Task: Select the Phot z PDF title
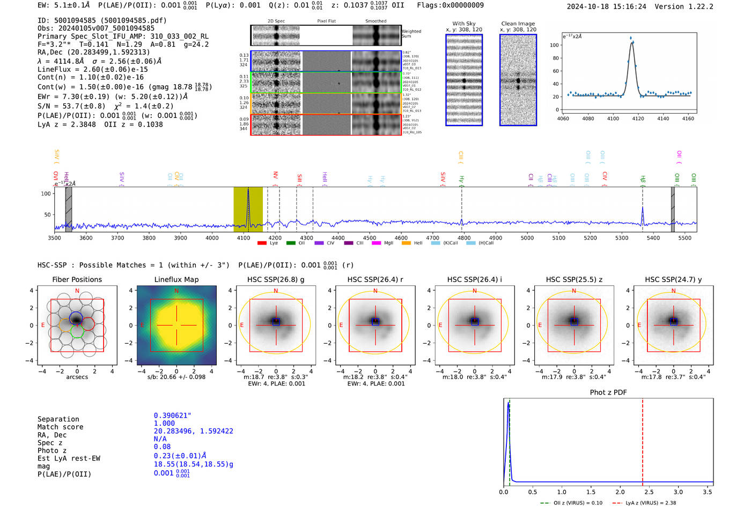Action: [608, 392]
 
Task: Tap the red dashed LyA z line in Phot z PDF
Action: [642, 440]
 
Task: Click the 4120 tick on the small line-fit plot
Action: [638, 119]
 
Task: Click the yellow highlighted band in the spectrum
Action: [248, 209]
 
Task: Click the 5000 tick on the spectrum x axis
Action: [527, 238]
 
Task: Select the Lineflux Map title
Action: [176, 279]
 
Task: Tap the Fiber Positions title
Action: [77, 279]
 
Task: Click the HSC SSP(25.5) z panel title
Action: [574, 279]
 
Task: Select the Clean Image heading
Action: [518, 24]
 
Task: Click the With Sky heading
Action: [463, 24]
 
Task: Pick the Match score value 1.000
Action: [164, 423]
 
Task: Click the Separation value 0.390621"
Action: [172, 416]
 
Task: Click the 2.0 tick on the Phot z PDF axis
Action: [620, 492]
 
